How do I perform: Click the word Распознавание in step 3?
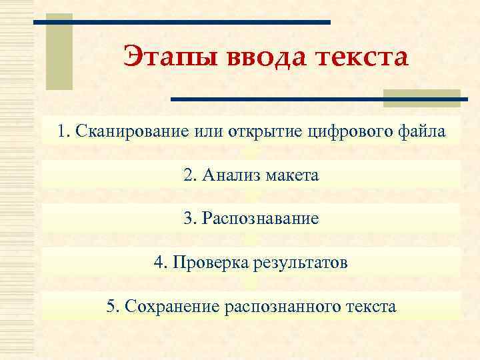260,219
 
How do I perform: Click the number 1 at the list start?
61,131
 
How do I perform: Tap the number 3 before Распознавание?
187,219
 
